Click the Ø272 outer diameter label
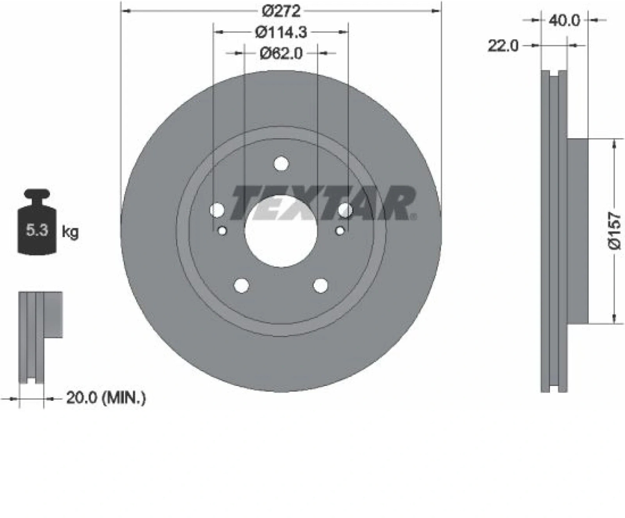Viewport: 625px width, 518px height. [x=281, y=12]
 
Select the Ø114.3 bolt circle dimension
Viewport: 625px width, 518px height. [x=281, y=33]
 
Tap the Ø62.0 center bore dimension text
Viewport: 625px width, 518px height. [x=281, y=54]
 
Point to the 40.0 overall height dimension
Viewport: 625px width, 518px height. [x=565, y=21]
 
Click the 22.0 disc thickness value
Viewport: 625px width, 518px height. [x=503, y=46]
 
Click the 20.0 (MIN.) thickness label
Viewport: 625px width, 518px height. [x=106, y=398]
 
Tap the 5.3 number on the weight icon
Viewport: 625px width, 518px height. [x=37, y=230]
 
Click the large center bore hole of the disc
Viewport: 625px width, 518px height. [x=281, y=231]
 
